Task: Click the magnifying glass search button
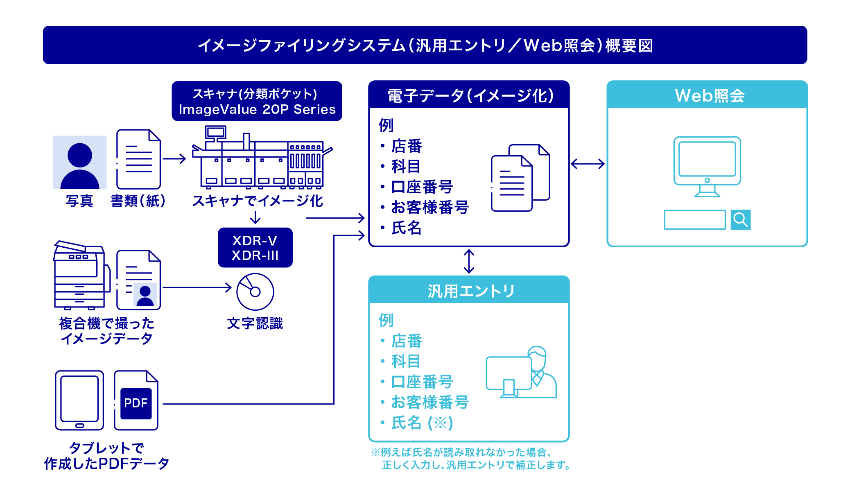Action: point(740,220)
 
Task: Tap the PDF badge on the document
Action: point(136,403)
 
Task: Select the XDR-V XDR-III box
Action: point(255,248)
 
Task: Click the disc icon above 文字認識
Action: point(255,292)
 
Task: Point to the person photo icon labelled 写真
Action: point(80,163)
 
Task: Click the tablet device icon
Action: point(79,400)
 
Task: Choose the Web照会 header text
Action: point(709,96)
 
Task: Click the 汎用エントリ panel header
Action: point(469,291)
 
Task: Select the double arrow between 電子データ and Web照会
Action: point(588,164)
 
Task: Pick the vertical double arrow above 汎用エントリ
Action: point(469,261)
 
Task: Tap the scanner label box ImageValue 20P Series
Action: point(257,102)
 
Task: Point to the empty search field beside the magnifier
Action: point(694,220)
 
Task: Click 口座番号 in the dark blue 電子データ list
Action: point(422,187)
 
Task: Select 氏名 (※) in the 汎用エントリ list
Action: point(422,423)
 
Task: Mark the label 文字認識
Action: point(255,323)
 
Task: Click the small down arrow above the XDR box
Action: point(255,217)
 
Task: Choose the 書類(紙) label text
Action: point(138,201)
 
